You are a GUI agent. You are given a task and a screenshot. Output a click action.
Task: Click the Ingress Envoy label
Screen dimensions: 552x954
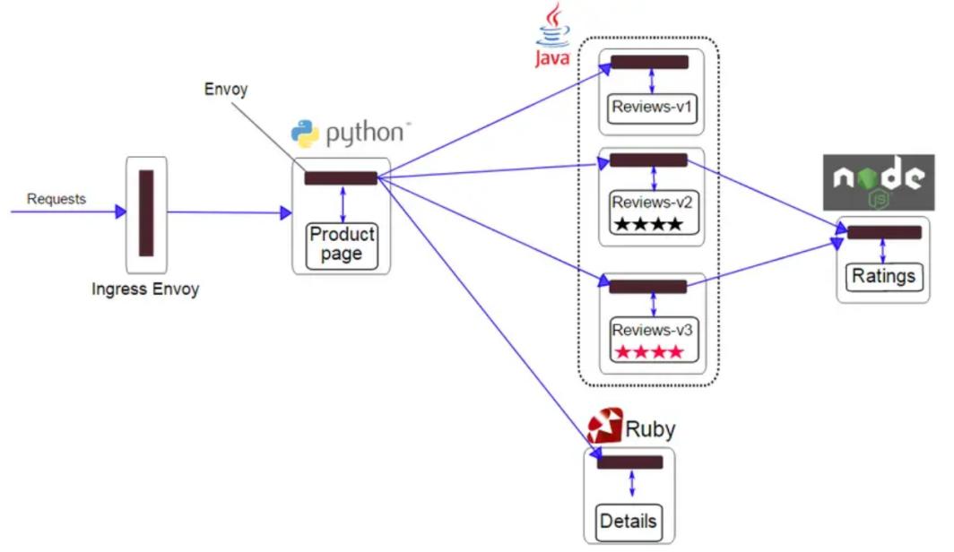[145, 289]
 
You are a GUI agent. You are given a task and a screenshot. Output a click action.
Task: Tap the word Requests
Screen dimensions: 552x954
[56, 199]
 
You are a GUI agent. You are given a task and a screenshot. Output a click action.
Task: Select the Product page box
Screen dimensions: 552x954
[342, 244]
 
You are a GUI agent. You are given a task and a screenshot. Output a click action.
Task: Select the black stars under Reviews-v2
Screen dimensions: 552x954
[647, 224]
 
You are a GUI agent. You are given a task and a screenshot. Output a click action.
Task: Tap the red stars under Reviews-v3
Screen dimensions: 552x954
[647, 351]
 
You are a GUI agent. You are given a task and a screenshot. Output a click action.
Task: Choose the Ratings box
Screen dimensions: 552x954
[883, 275]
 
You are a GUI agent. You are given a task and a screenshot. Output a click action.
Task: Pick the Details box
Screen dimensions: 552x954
[628, 521]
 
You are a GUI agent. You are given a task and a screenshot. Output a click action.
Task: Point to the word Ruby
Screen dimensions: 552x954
[650, 429]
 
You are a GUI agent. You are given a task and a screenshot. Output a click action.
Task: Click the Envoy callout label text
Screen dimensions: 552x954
[226, 90]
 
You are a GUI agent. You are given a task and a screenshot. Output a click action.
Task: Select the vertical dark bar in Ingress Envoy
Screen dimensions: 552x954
[146, 212]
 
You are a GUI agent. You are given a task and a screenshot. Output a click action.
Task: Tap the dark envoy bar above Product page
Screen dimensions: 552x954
[341, 178]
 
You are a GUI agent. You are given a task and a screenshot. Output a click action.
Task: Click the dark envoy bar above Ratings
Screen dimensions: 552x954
[884, 233]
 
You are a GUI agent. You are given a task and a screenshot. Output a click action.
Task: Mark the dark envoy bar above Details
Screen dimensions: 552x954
[630, 462]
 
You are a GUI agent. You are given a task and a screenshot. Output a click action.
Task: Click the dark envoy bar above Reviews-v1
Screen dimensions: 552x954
[649, 63]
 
